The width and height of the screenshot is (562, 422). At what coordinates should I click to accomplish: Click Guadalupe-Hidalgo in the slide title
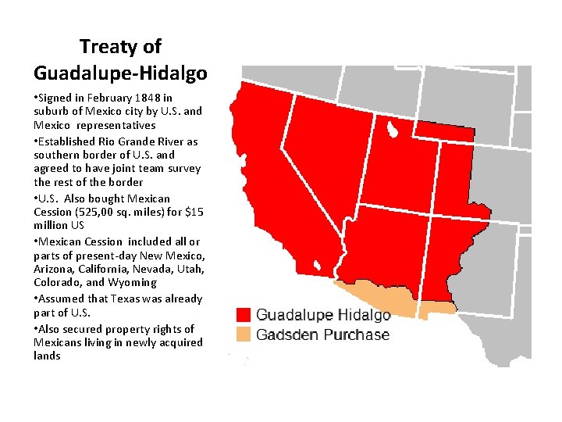click(120, 73)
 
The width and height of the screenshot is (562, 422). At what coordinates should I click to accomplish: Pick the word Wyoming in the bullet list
click(133, 283)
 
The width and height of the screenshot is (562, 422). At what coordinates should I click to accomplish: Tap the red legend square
click(244, 315)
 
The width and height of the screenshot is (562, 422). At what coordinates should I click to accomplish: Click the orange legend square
click(244, 334)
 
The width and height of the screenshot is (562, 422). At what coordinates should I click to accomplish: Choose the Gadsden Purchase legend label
click(322, 334)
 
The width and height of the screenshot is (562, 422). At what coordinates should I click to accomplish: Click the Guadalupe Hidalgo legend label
click(323, 315)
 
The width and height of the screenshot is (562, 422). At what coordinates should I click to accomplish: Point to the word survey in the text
click(185, 168)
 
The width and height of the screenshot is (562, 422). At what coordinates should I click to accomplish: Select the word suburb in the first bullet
click(51, 111)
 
